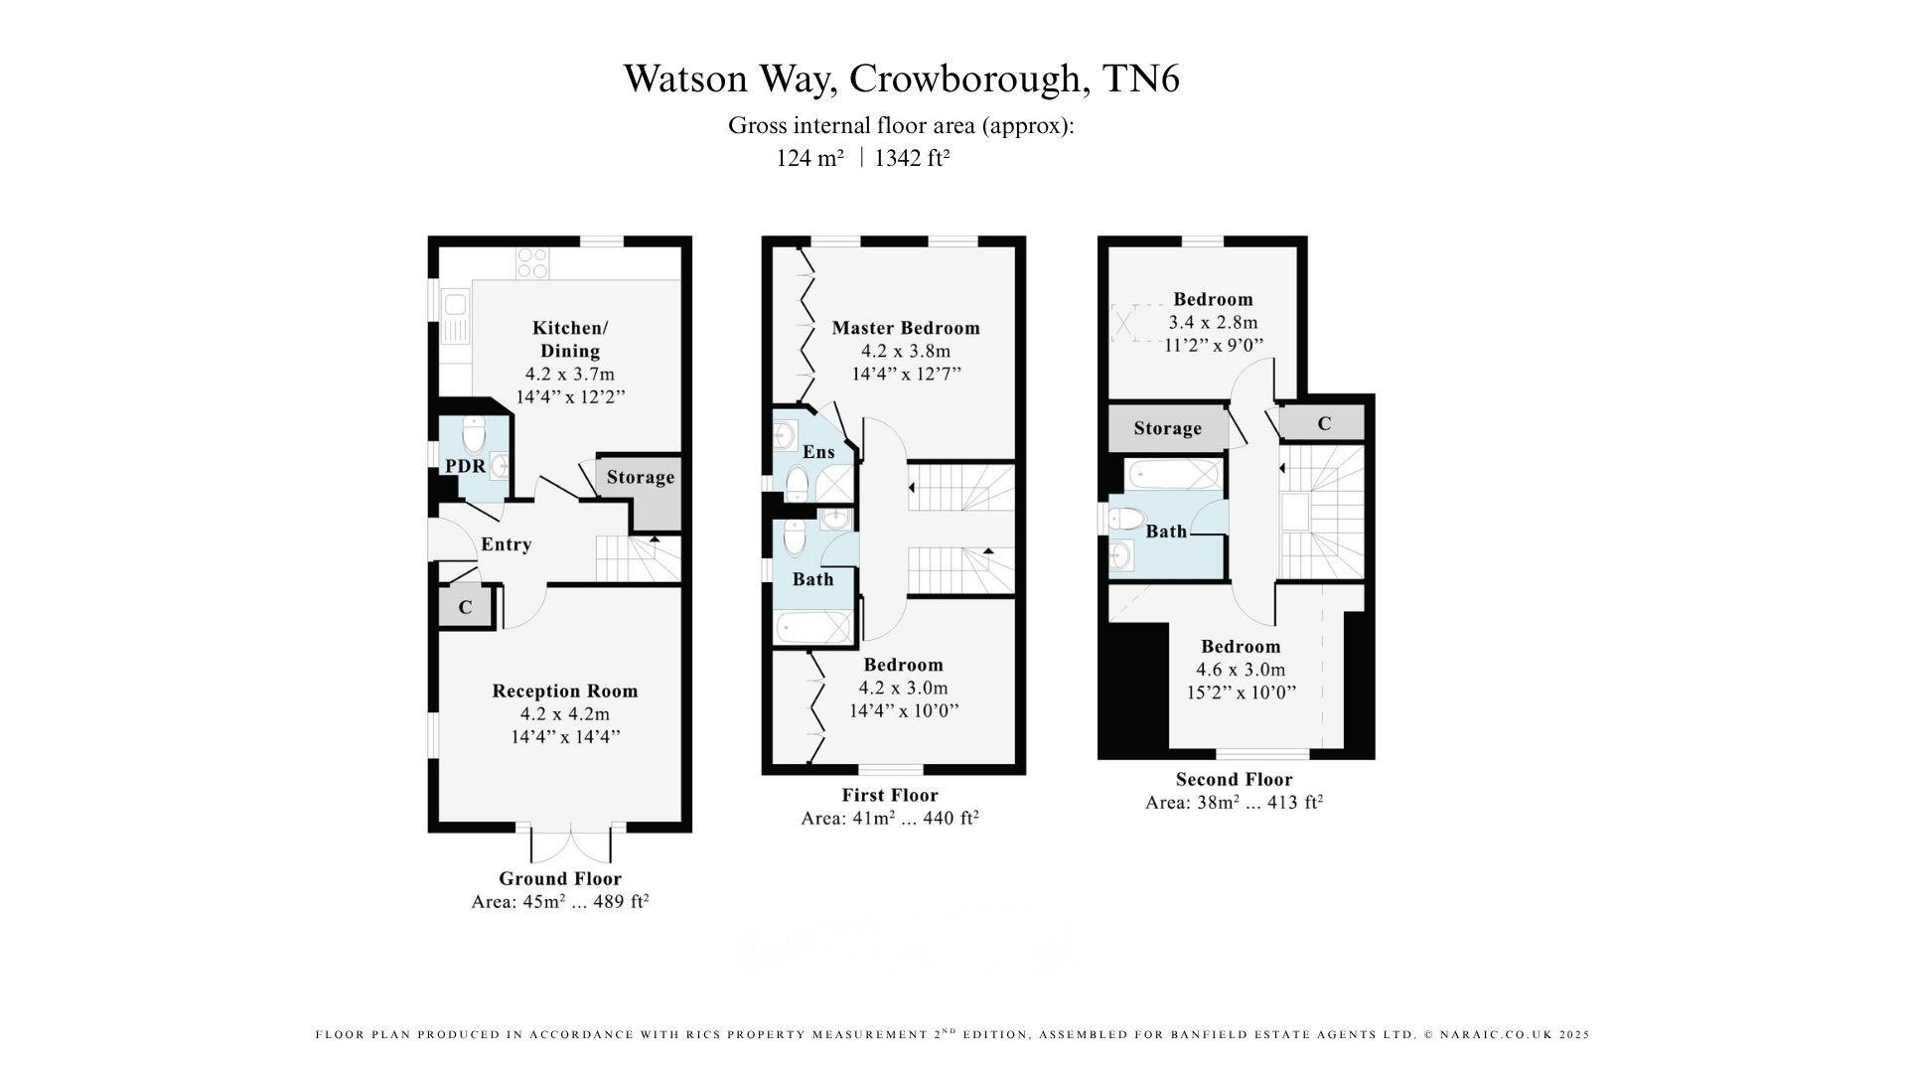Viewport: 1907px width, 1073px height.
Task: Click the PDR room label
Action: [x=465, y=466]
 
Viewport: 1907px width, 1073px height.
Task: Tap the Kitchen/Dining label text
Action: [x=570, y=339]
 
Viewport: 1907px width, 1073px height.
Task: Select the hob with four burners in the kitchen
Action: [x=532, y=262]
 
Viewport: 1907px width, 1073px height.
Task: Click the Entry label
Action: [x=507, y=544]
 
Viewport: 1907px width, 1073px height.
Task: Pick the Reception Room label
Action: [x=565, y=691]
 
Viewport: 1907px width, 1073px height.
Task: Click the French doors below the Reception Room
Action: [x=571, y=845]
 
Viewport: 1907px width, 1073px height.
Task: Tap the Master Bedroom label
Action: [x=906, y=328]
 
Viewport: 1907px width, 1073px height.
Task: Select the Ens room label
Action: [x=818, y=452]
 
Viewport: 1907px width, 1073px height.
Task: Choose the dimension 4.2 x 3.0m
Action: [x=904, y=688]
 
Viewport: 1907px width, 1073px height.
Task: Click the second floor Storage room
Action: [x=1167, y=428]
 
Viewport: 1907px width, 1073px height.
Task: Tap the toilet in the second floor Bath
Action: [x=1126, y=519]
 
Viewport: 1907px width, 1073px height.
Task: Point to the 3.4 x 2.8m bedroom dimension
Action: [x=1213, y=322]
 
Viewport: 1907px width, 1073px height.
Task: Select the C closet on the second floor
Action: [x=1324, y=423]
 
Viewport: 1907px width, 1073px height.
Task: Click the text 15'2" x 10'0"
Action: [x=1242, y=692]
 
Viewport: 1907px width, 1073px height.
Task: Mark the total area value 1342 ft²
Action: [x=912, y=158]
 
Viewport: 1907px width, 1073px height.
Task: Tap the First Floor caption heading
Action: [x=890, y=795]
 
